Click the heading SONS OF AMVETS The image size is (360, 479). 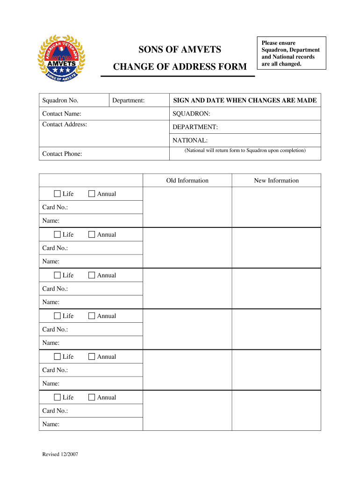coord(180,50)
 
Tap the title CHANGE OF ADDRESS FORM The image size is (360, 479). coord(180,67)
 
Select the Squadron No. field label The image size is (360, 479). coord(60,101)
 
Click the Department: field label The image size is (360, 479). coord(129,101)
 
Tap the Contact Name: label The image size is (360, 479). coord(62,114)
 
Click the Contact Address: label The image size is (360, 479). coord(65,124)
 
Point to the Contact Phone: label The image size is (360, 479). coord(62,154)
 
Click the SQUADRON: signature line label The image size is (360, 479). coord(192,114)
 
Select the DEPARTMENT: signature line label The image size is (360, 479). coord(195,127)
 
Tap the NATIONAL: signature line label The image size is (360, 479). coord(190,140)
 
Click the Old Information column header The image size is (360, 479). coord(187,181)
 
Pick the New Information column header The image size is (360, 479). coord(276,181)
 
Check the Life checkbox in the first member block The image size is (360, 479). coord(58,194)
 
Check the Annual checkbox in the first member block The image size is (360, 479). coord(92,194)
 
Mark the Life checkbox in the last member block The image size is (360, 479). coord(58,397)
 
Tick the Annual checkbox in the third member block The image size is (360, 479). coord(92,275)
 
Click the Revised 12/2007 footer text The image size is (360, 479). coord(60,455)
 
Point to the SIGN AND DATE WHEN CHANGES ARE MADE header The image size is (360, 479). coord(245,101)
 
